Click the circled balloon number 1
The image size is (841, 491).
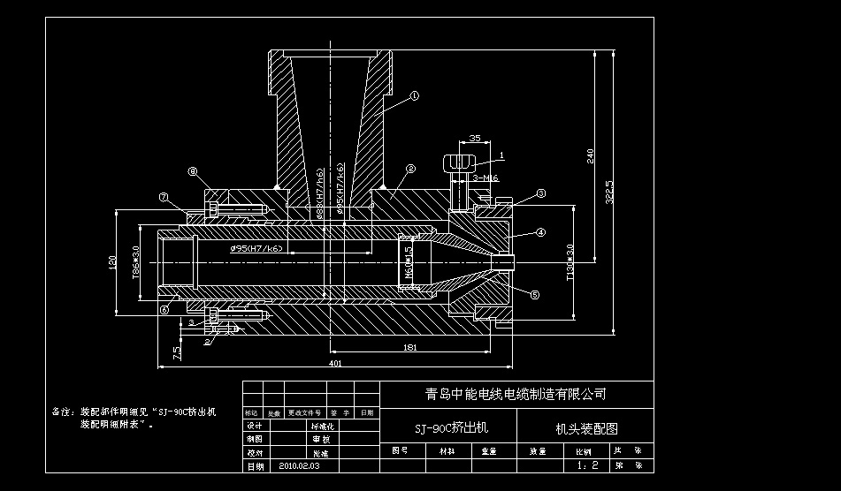[414, 94]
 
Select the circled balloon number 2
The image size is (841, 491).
[410, 168]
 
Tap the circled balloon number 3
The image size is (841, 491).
[541, 193]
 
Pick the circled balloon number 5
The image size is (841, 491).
[534, 295]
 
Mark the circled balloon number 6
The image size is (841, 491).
[164, 309]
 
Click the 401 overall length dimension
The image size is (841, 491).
[335, 363]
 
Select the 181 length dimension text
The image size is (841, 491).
[409, 348]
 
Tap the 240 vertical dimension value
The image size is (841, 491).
[591, 155]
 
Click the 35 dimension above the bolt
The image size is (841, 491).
[474, 139]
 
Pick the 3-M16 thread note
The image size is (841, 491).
[485, 178]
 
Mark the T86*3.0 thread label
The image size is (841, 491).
[136, 261]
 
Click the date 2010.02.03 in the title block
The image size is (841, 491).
[299, 465]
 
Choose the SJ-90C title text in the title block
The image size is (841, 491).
[451, 428]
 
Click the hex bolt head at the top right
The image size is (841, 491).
[458, 163]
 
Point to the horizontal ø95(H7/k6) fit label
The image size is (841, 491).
[256, 249]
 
